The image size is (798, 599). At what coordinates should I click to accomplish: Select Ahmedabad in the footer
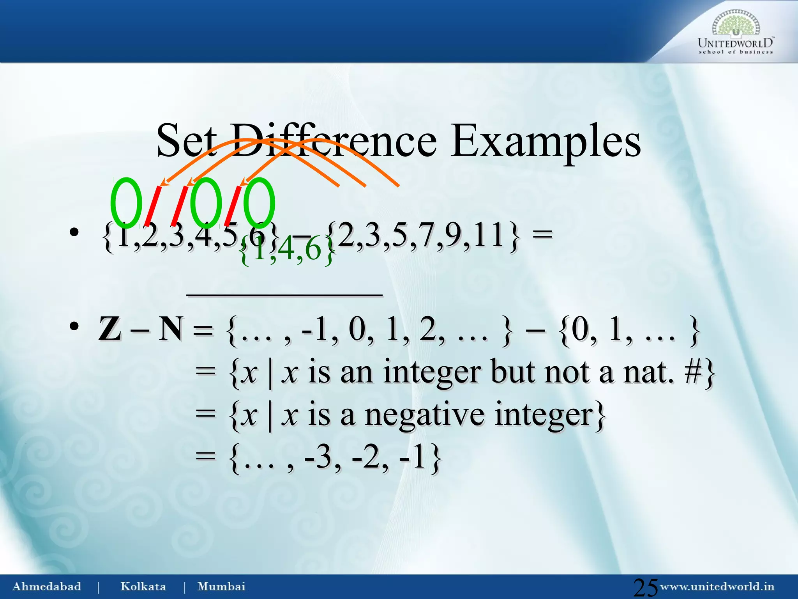(47, 587)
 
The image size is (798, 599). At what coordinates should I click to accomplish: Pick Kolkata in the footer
(143, 587)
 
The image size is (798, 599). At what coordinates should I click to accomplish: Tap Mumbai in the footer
(221, 587)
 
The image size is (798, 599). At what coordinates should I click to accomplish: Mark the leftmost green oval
(126, 203)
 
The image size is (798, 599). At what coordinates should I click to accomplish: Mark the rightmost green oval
(259, 203)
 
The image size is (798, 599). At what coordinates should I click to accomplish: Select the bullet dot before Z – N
(74, 327)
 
